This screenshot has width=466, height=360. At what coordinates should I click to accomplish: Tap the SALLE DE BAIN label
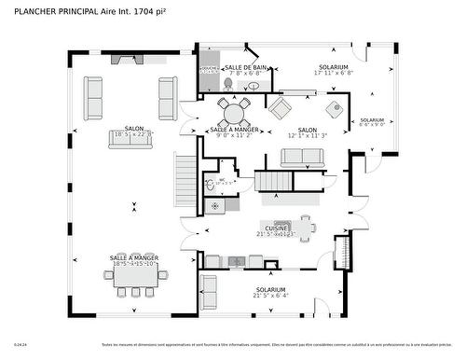tap(247, 68)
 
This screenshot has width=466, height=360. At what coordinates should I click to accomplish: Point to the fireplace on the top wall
tap(124, 60)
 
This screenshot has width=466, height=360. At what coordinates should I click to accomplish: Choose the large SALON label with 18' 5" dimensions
tap(133, 130)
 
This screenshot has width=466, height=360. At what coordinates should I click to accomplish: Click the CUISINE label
tap(276, 228)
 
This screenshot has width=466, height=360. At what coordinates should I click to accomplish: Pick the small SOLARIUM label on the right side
tap(372, 120)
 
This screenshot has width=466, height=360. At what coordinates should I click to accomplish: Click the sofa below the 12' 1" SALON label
tap(302, 158)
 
